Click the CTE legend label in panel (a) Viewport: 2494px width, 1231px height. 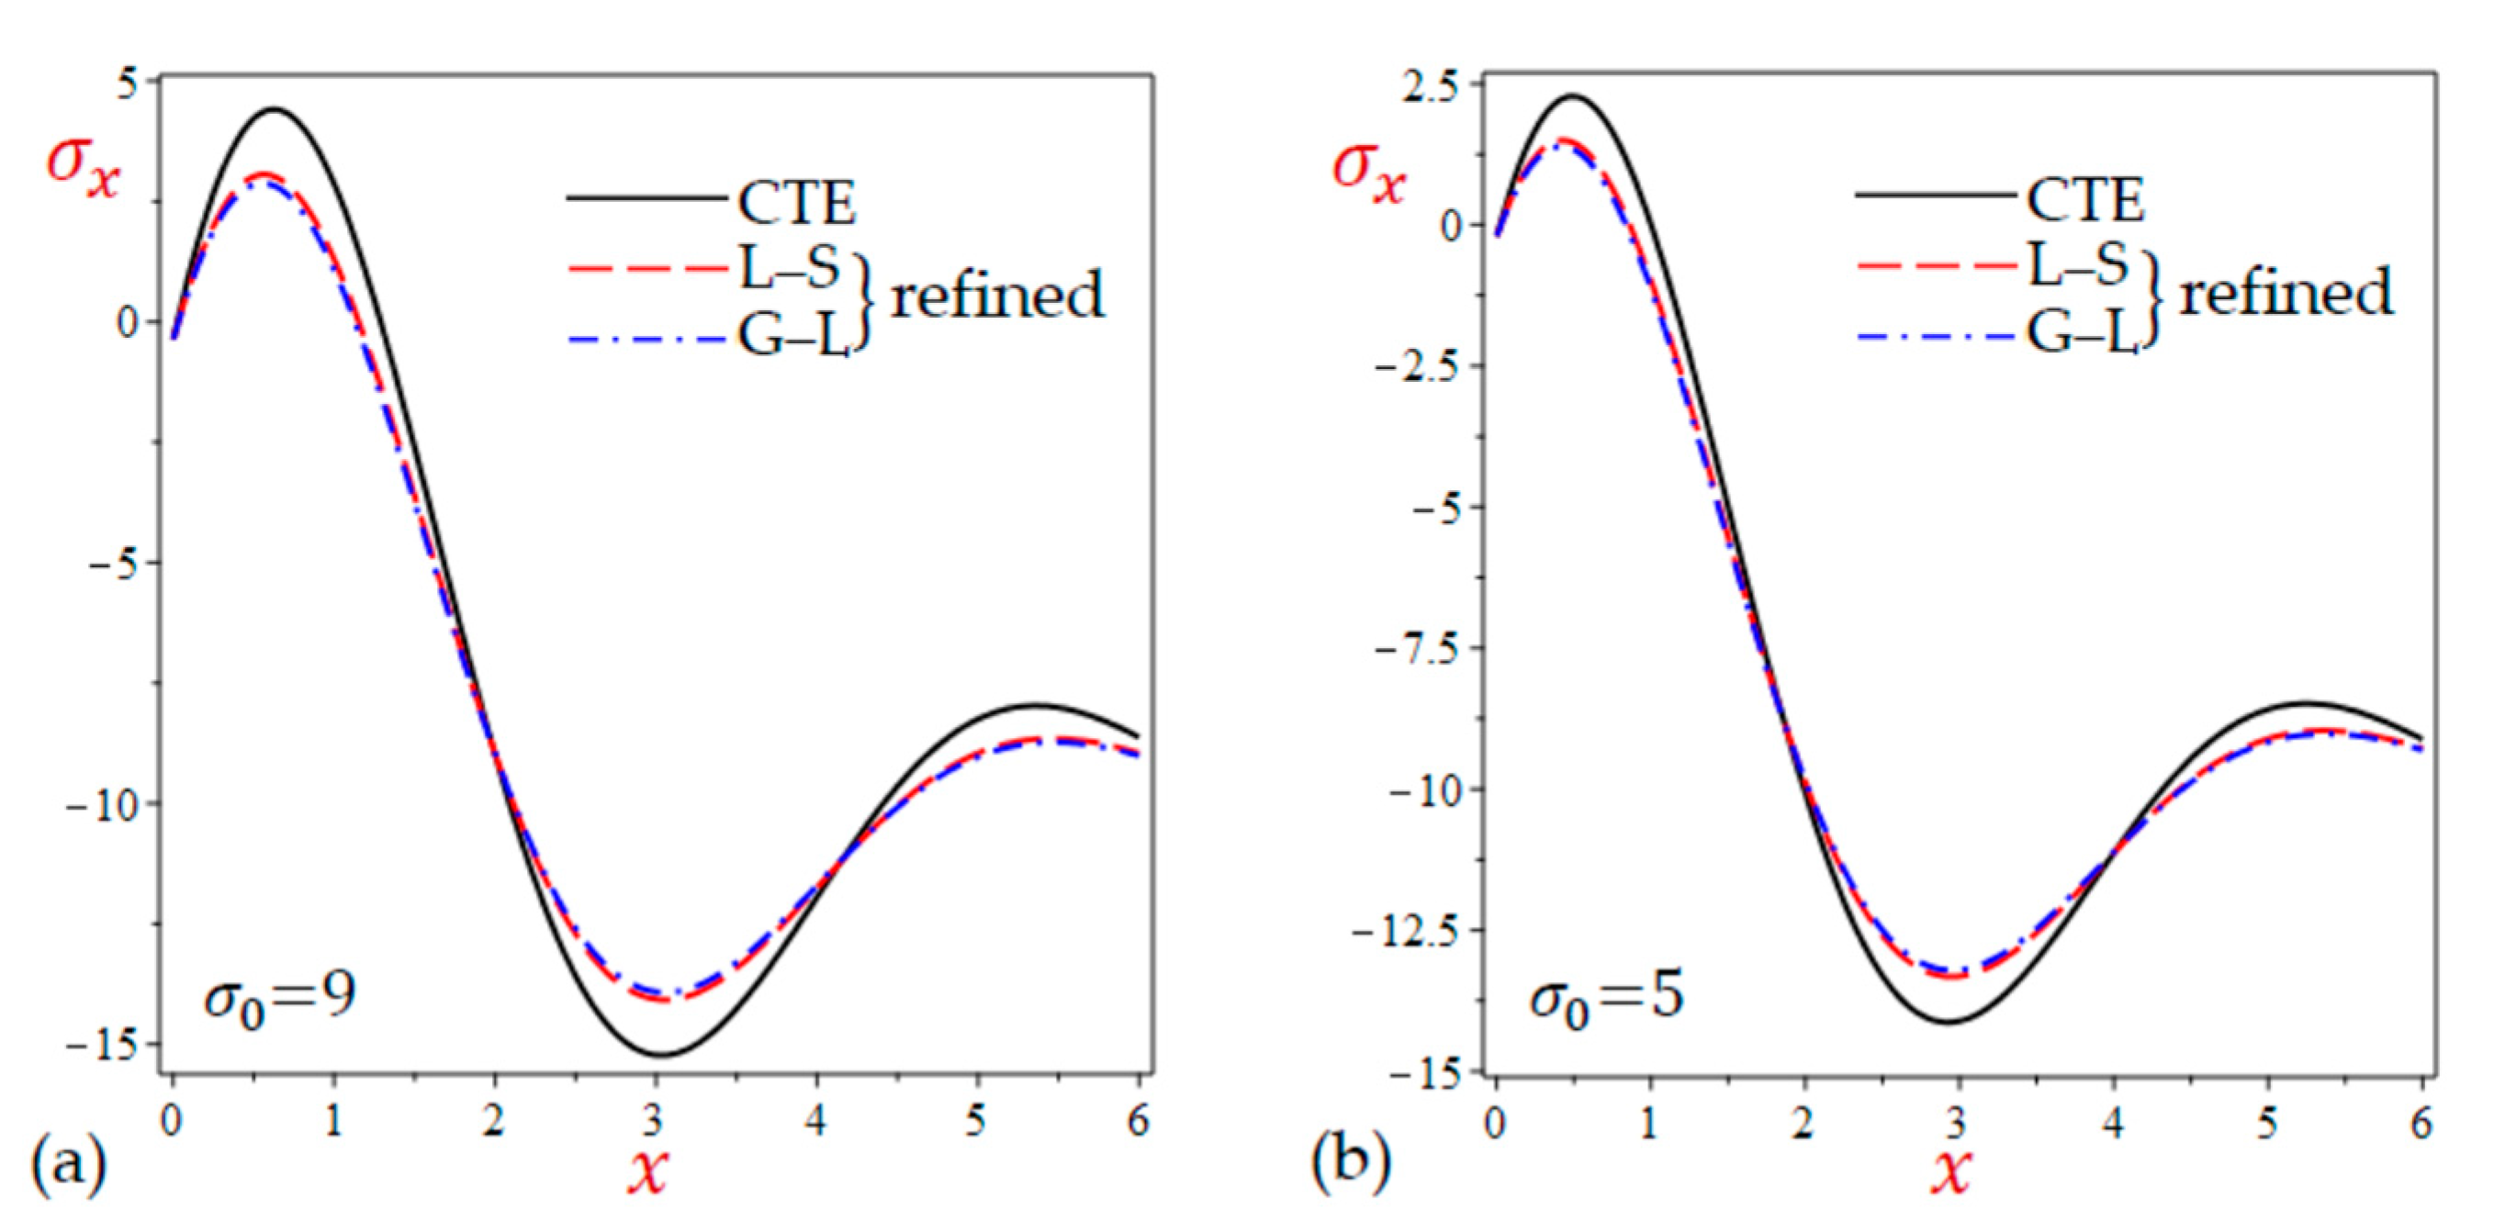[797, 202]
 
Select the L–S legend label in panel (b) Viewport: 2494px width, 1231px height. [2078, 264]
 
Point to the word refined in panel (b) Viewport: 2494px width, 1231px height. [2285, 291]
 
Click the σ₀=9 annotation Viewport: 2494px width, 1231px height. [280, 995]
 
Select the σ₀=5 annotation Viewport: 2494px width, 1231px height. [1607, 997]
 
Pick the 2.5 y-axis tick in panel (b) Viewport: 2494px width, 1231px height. [1430, 85]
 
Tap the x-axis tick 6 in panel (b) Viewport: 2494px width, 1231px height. [2421, 1123]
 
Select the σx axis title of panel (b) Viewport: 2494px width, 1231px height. [1368, 173]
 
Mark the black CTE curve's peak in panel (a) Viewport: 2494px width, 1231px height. [275, 109]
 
